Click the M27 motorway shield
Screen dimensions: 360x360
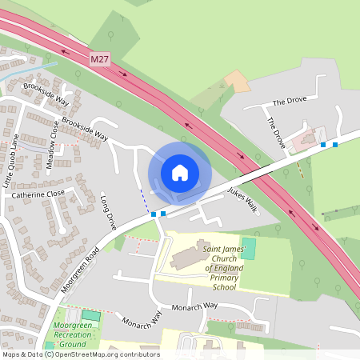point(98,59)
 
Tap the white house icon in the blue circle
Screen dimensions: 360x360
point(180,172)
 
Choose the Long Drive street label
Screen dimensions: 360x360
point(109,213)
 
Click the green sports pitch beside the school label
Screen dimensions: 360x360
point(249,248)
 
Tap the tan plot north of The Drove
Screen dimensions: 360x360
point(237,80)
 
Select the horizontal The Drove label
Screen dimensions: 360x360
point(290,102)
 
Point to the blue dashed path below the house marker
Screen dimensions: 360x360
point(144,201)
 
